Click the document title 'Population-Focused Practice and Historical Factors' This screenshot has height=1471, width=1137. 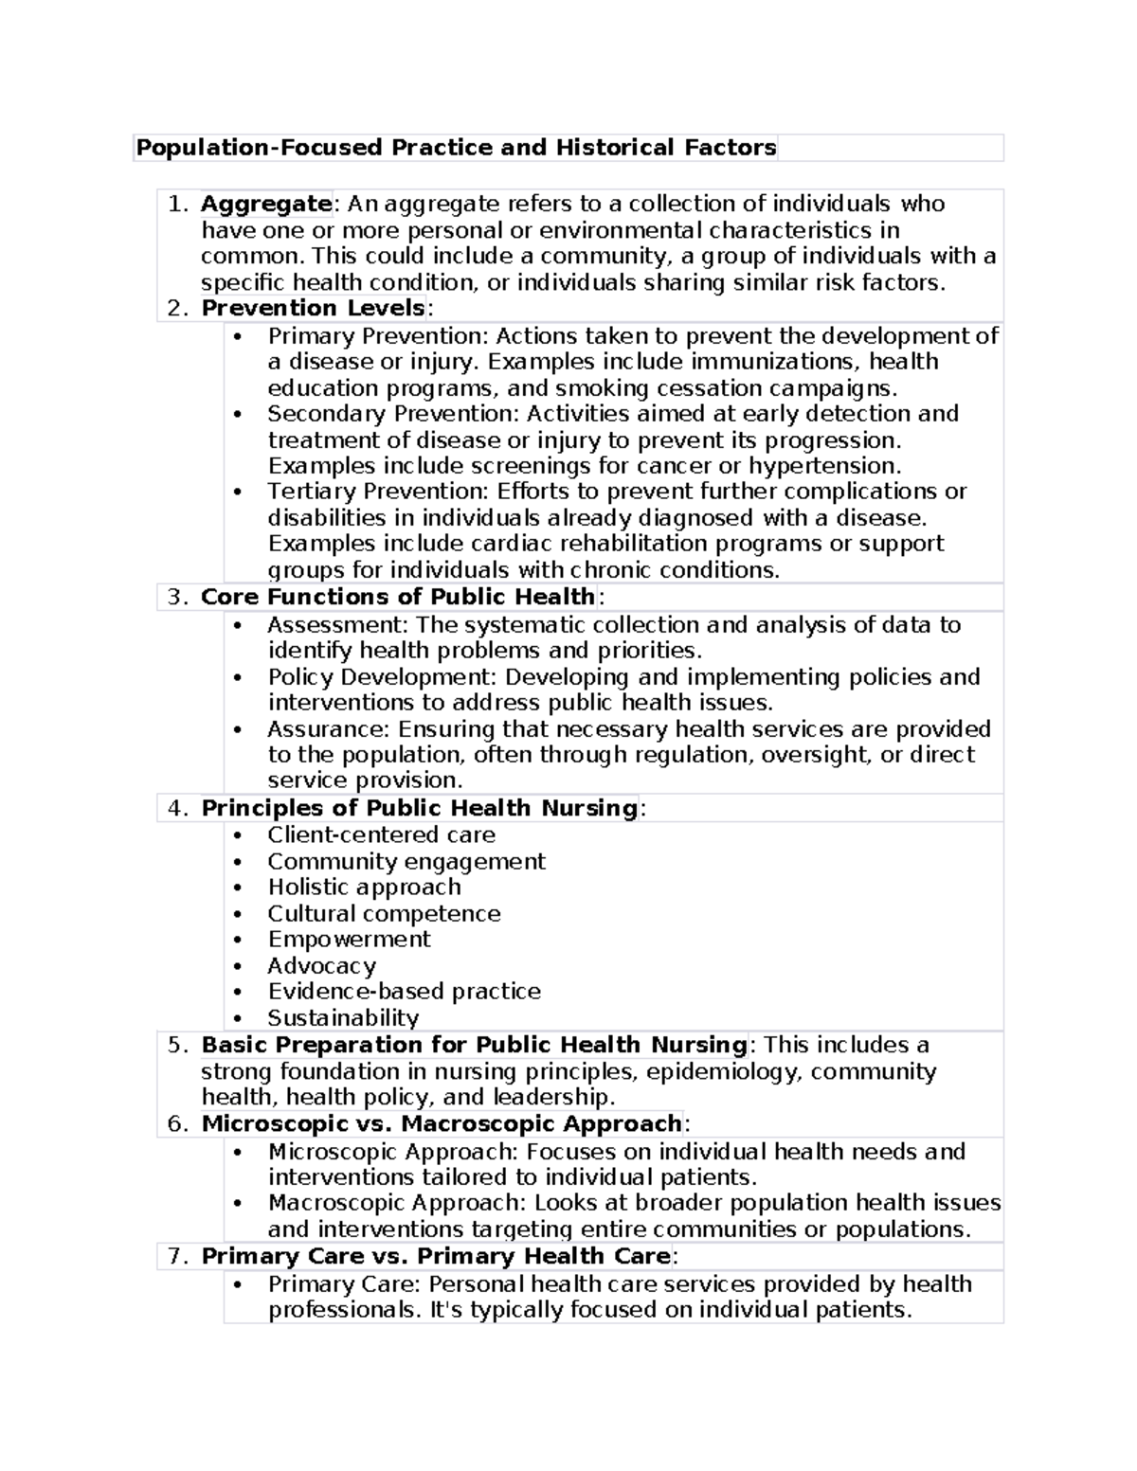[x=456, y=148]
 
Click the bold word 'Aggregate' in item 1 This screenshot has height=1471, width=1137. [x=265, y=204]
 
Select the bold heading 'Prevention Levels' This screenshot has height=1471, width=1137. [x=313, y=308]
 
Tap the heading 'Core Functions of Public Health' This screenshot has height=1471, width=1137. [x=398, y=597]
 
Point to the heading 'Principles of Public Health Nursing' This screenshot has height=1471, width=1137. [x=419, y=808]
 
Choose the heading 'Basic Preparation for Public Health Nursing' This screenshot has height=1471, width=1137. [x=474, y=1045]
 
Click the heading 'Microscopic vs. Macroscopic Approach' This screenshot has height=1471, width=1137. [x=441, y=1123]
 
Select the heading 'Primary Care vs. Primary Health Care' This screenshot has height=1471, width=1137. [x=436, y=1256]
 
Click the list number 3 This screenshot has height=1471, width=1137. [x=174, y=597]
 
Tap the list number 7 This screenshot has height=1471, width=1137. [x=174, y=1256]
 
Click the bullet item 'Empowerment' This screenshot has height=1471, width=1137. [x=349, y=939]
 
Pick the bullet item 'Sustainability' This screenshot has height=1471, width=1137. [x=343, y=1017]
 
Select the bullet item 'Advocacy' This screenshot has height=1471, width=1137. [x=321, y=965]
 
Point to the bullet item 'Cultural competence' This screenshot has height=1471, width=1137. [x=384, y=913]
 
